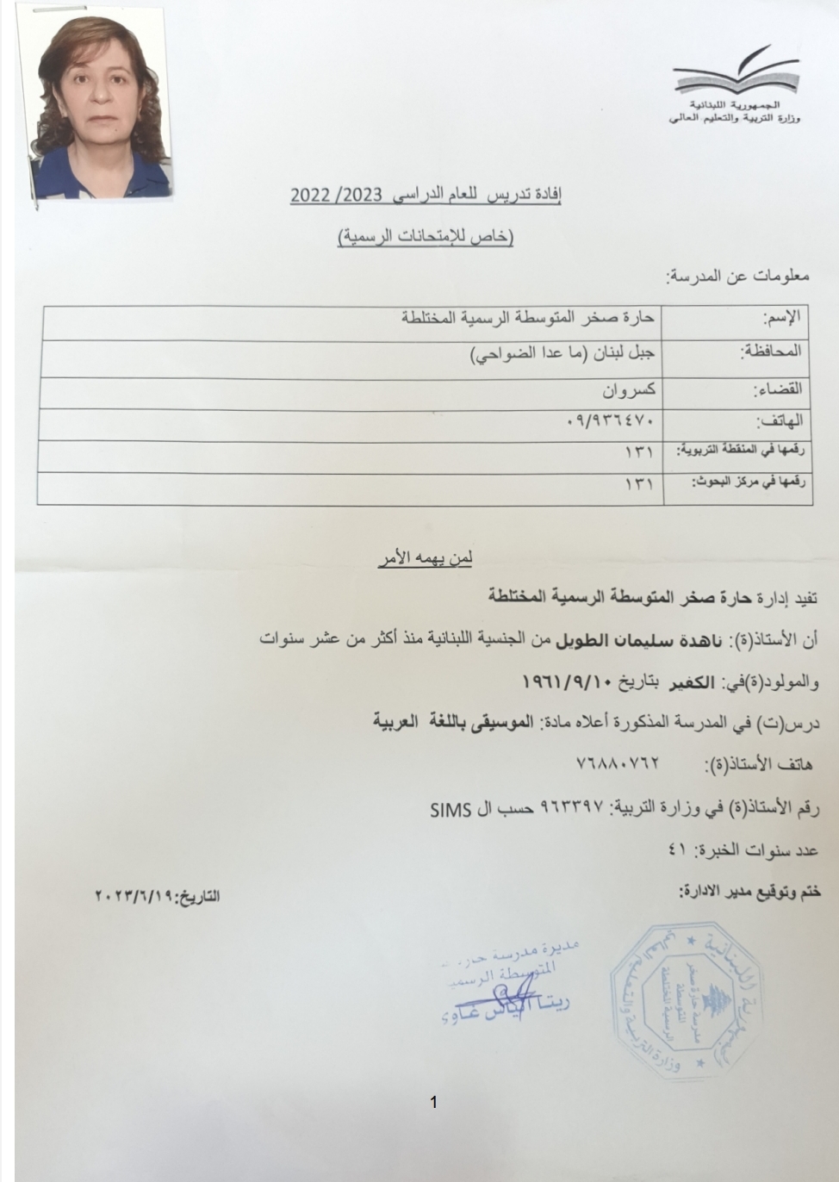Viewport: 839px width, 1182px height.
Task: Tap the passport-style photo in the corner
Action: pos(96,102)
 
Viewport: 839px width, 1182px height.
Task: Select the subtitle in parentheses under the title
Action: pos(426,236)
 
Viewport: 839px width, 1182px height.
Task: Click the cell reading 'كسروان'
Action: pos(630,389)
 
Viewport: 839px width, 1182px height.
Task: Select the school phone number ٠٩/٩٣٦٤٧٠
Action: pos(615,422)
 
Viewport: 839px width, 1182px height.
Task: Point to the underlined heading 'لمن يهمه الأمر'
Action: pos(424,558)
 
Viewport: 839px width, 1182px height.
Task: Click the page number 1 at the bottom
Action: pos(433,1102)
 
